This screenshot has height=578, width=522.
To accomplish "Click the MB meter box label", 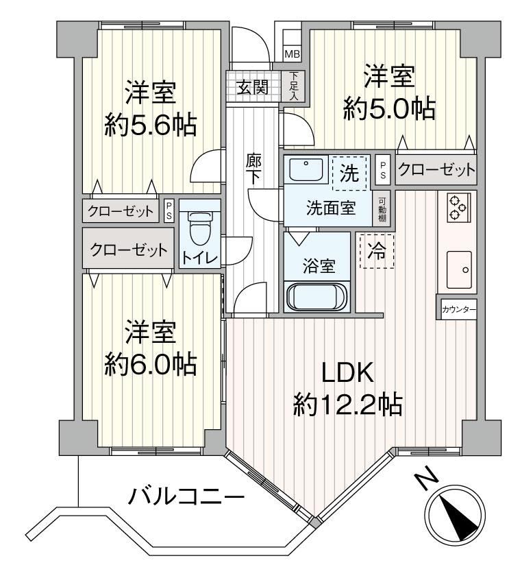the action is (x=293, y=54).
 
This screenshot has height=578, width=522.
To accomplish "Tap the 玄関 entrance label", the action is (x=252, y=87).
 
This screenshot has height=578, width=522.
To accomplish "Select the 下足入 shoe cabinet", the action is (x=294, y=86).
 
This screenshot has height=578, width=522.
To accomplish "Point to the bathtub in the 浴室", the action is (x=317, y=297).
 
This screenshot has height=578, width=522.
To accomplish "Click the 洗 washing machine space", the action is (x=349, y=173).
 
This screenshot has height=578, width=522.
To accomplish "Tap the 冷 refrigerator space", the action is (x=377, y=252).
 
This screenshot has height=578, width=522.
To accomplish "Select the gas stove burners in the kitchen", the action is (x=458, y=208).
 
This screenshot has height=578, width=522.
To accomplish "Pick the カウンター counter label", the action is (x=458, y=310).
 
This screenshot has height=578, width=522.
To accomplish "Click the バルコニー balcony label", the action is (x=186, y=497).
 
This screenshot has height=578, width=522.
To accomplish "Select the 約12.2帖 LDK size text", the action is (x=347, y=405).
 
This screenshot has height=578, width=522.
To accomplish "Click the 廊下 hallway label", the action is (x=254, y=169).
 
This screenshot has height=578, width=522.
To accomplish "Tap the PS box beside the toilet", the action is (x=169, y=210).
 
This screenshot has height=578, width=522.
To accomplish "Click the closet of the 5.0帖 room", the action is (x=436, y=170).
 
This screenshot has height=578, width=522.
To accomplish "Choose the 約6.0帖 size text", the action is (x=150, y=365).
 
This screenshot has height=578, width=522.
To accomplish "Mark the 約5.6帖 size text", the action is (x=150, y=125).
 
